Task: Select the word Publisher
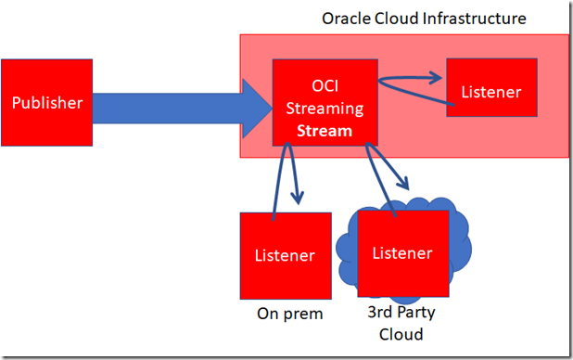tap(46, 102)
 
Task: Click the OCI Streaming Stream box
tap(318, 102)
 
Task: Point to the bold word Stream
tap(318, 131)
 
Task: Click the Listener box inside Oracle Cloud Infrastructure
tap(490, 93)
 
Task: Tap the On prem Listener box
tap(285, 255)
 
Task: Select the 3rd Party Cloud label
tap(401, 324)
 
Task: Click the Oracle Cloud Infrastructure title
tap(424, 18)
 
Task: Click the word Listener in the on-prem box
tap(285, 255)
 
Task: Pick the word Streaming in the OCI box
tap(318, 109)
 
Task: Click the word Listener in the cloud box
tap(401, 252)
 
